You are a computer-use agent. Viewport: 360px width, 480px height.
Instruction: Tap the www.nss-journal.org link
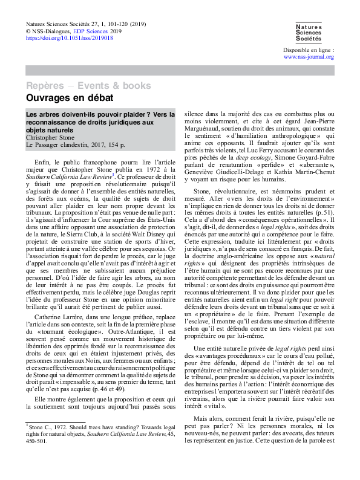[x=309, y=57]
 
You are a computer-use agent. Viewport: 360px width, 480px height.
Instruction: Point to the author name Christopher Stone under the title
[x=49, y=138]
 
